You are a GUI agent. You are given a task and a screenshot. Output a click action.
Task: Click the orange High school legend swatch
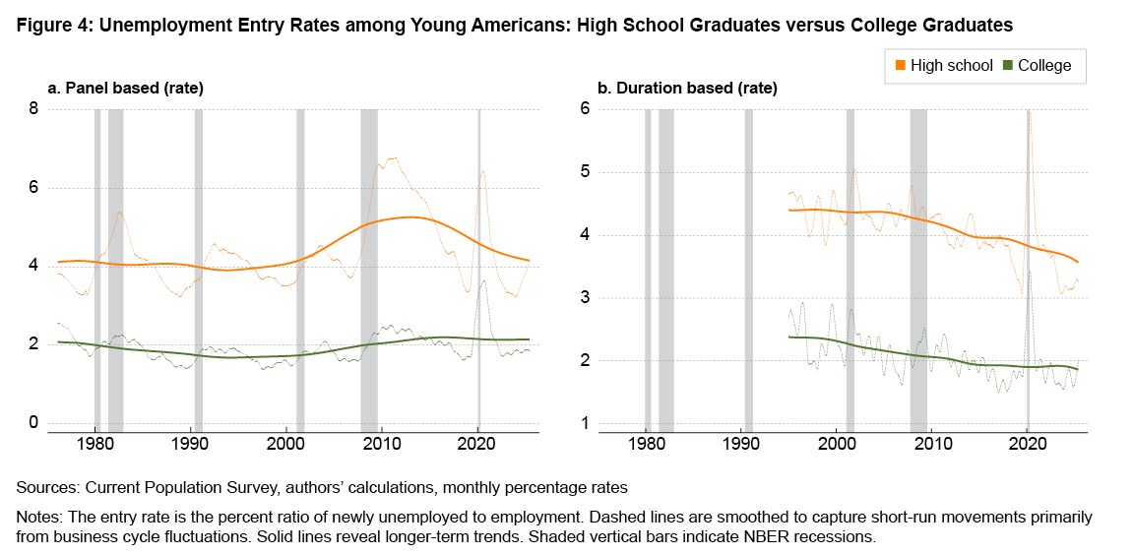click(901, 66)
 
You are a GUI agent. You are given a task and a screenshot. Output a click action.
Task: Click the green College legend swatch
click(1007, 66)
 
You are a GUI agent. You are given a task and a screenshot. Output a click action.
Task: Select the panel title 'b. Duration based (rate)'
click(687, 89)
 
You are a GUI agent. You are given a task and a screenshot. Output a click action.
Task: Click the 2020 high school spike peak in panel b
click(1029, 112)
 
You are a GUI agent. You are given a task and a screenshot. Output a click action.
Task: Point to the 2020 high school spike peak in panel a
click(482, 170)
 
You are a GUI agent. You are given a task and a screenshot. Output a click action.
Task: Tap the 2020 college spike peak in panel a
click(482, 281)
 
